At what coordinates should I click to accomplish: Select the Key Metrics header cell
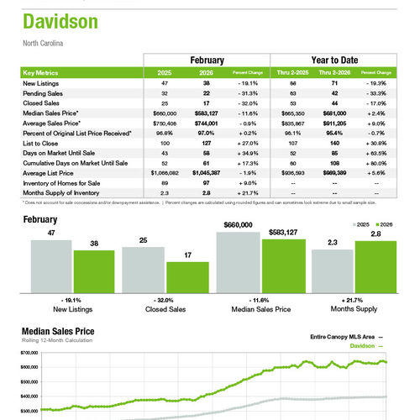tap(41, 73)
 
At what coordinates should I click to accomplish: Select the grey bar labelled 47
tap(51, 265)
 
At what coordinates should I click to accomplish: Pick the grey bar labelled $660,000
tap(238, 260)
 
